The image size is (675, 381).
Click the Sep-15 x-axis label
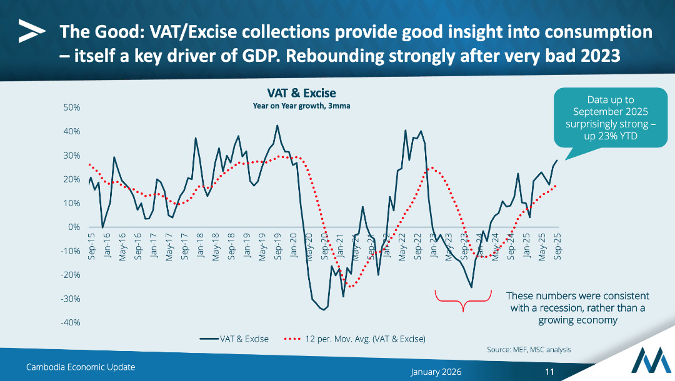[x=91, y=246]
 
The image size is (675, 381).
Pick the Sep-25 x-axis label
[x=557, y=246]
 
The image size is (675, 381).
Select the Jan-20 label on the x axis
[x=294, y=246]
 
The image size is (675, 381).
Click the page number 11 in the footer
[x=550, y=371]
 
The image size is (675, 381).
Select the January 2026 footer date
[x=436, y=371]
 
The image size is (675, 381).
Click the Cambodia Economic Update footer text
[x=81, y=367]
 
